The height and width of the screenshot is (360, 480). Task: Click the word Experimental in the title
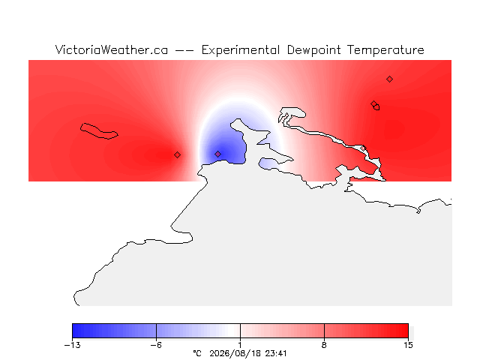point(241,50)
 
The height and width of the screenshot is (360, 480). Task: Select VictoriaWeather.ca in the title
point(112,49)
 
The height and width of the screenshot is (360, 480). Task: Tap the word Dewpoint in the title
point(313,50)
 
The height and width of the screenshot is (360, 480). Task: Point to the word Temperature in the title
point(385,50)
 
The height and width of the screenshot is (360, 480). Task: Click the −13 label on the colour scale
point(73,345)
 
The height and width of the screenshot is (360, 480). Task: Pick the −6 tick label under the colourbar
point(156,345)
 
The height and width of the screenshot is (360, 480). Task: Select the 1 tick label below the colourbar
point(240,345)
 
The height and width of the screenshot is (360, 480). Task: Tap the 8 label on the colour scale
point(324,345)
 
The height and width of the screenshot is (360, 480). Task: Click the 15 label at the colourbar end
point(408,345)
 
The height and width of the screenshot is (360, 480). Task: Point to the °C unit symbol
point(197,353)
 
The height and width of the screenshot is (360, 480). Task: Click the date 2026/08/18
point(235,354)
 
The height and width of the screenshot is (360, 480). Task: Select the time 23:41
point(276,353)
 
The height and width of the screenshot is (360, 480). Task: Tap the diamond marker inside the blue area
point(217,154)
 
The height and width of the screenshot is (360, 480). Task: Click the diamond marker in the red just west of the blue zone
point(177,155)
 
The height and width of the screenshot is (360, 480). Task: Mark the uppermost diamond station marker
point(389,79)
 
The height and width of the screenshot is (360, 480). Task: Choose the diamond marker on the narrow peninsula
point(363,148)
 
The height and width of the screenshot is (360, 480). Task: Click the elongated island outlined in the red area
point(99,131)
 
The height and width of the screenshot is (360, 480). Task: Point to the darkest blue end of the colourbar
point(73,331)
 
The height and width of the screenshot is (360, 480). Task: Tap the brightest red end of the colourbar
point(406,331)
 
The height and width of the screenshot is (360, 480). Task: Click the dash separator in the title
point(184,50)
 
